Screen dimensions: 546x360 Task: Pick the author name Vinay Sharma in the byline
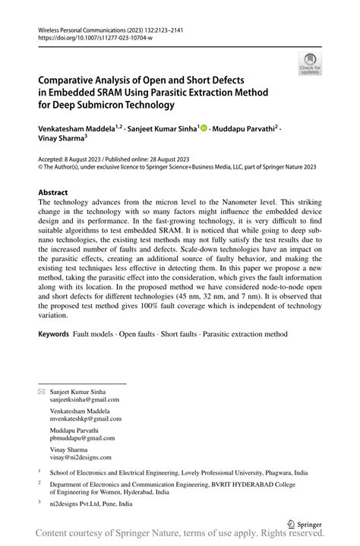coord(60,140)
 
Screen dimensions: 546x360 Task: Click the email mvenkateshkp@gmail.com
coord(85,419)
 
